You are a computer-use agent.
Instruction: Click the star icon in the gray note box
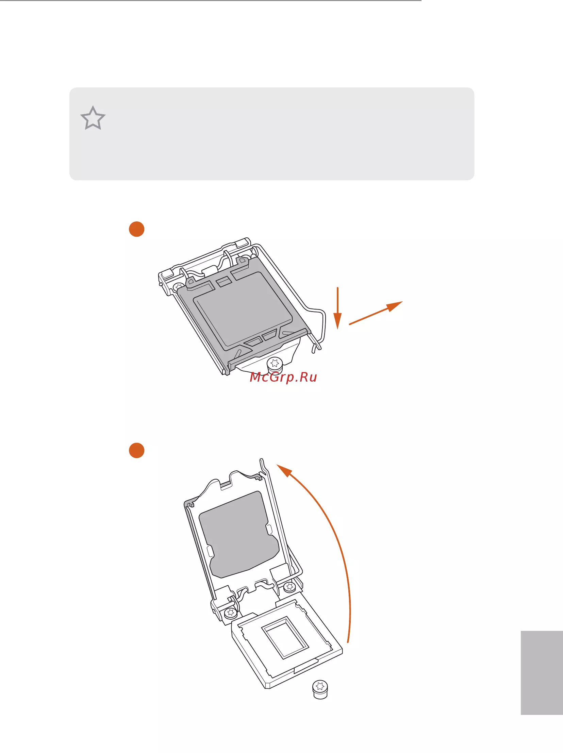tap(93, 118)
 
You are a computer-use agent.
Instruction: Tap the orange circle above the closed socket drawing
tap(136, 229)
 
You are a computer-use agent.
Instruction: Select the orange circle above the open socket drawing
tap(136, 450)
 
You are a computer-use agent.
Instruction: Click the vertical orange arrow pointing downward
tap(337, 308)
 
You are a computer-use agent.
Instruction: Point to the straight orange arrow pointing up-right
tap(376, 313)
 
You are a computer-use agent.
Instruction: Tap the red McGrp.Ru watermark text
tap(283, 377)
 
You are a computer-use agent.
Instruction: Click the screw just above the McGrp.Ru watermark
tap(275, 365)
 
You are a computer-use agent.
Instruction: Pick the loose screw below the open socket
tap(320, 690)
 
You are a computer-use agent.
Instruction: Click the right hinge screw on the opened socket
tap(290, 587)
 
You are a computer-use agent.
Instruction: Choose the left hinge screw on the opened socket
tap(231, 613)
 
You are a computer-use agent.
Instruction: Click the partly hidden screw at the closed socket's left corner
tap(178, 287)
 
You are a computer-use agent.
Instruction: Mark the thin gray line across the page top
tap(211, 1)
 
